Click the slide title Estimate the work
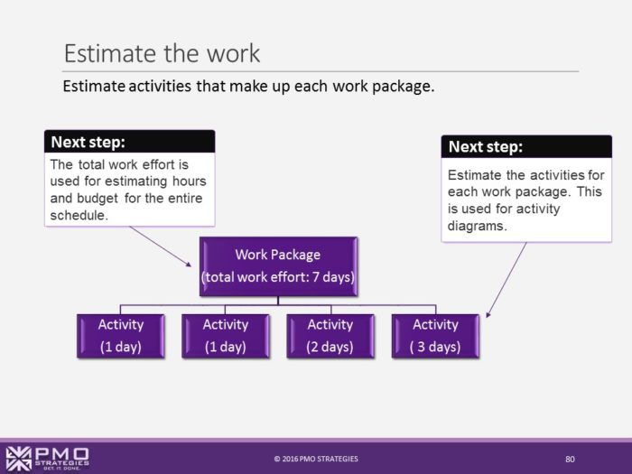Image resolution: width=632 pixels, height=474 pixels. (162, 52)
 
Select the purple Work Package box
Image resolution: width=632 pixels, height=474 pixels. (278, 266)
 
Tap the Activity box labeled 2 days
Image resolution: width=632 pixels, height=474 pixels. (330, 335)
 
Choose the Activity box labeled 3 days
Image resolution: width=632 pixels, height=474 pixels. (435, 335)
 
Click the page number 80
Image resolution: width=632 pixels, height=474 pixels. (570, 459)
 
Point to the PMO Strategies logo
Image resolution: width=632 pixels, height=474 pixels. (47, 458)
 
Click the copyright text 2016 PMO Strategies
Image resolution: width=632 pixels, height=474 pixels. (316, 459)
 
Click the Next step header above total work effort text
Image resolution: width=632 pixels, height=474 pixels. (88, 142)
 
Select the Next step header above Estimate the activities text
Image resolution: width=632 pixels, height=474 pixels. (486, 147)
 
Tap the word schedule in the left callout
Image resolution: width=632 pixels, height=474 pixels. (80, 214)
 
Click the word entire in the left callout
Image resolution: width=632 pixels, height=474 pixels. (182, 198)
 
